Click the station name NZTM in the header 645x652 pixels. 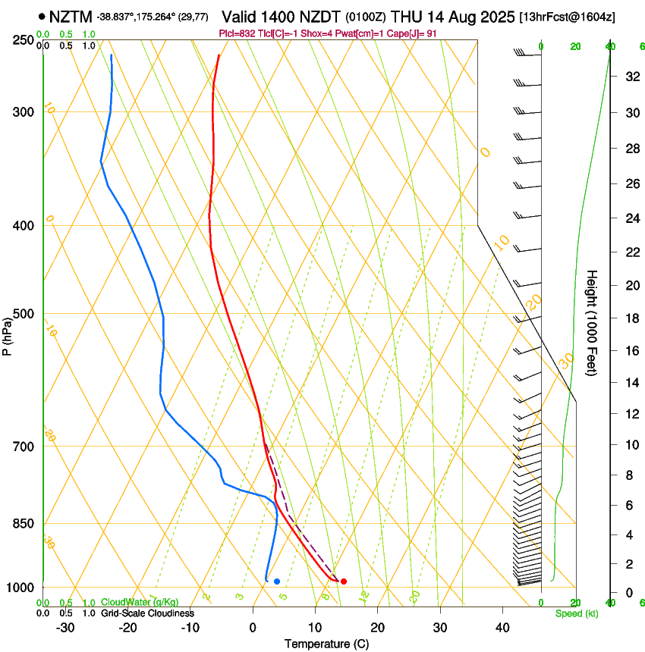tap(70, 16)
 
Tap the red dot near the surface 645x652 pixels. tap(344, 581)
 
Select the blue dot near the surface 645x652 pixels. tap(277, 581)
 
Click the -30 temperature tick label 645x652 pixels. tap(65, 627)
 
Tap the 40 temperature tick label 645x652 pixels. tap(502, 627)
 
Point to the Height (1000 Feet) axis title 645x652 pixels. tap(592, 322)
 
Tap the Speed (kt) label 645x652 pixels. tap(576, 613)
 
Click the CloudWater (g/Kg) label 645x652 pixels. tap(140, 603)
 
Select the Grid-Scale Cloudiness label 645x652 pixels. tap(147, 613)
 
